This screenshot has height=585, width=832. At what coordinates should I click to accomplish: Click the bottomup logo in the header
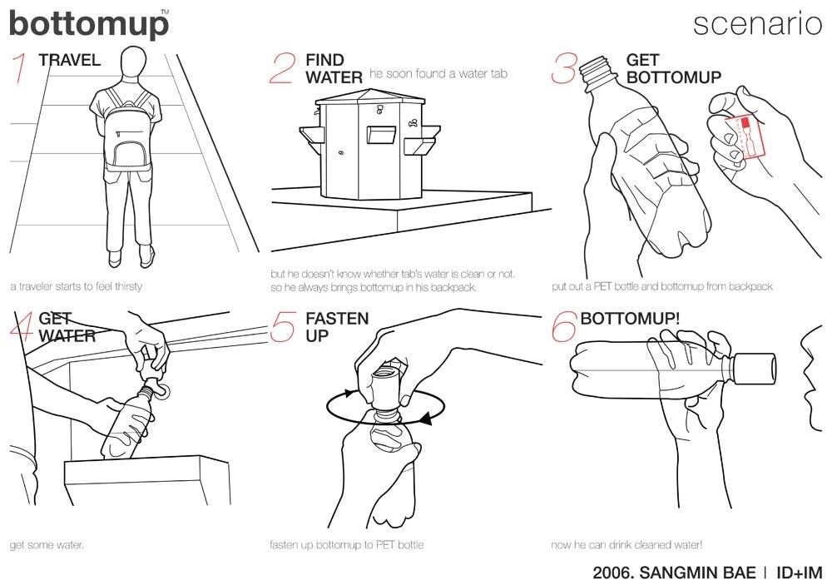click(88, 24)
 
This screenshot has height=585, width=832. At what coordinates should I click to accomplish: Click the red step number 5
click(282, 326)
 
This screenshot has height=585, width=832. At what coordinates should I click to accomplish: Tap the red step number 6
click(564, 326)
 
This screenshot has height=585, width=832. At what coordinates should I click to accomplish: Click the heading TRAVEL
click(69, 60)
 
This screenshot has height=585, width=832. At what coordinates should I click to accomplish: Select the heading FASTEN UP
click(336, 327)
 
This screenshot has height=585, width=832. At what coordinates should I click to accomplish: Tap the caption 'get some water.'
click(47, 546)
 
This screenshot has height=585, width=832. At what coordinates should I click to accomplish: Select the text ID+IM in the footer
click(799, 573)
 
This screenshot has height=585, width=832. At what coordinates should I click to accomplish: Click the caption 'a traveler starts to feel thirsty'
click(76, 286)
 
